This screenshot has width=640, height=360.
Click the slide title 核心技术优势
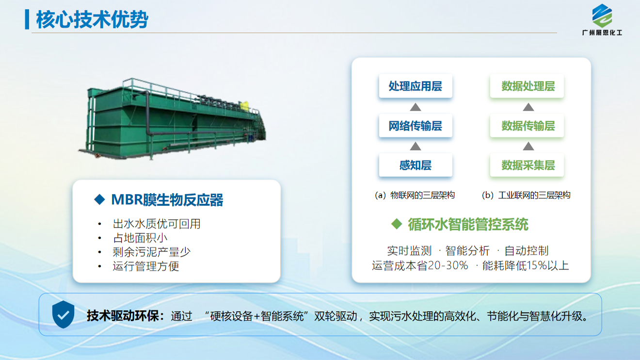[x=92, y=19]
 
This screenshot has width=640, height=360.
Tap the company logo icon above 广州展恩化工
[x=602, y=16]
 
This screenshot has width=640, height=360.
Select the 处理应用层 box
[x=416, y=86]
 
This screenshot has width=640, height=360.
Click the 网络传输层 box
[x=416, y=126]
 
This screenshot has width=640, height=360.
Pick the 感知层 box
[x=416, y=165]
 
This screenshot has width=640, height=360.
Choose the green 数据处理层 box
[x=527, y=86]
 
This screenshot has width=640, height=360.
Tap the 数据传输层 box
[x=527, y=126]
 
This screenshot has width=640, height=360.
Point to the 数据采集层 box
[x=527, y=165]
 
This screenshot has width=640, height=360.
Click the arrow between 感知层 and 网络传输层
[x=416, y=146]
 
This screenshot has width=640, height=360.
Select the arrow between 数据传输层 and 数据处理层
[x=528, y=107]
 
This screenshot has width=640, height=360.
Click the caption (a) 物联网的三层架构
[x=415, y=195]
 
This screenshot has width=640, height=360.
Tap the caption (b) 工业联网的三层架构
[x=526, y=195]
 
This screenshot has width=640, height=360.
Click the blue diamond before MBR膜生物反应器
[x=99, y=199]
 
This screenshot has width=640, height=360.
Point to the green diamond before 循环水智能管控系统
[x=397, y=224]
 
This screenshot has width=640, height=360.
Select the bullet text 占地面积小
[x=140, y=238]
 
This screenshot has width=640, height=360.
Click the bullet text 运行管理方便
[x=146, y=266]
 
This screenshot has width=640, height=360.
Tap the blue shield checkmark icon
[x=63, y=314]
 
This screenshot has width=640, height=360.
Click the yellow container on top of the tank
[x=245, y=105]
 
